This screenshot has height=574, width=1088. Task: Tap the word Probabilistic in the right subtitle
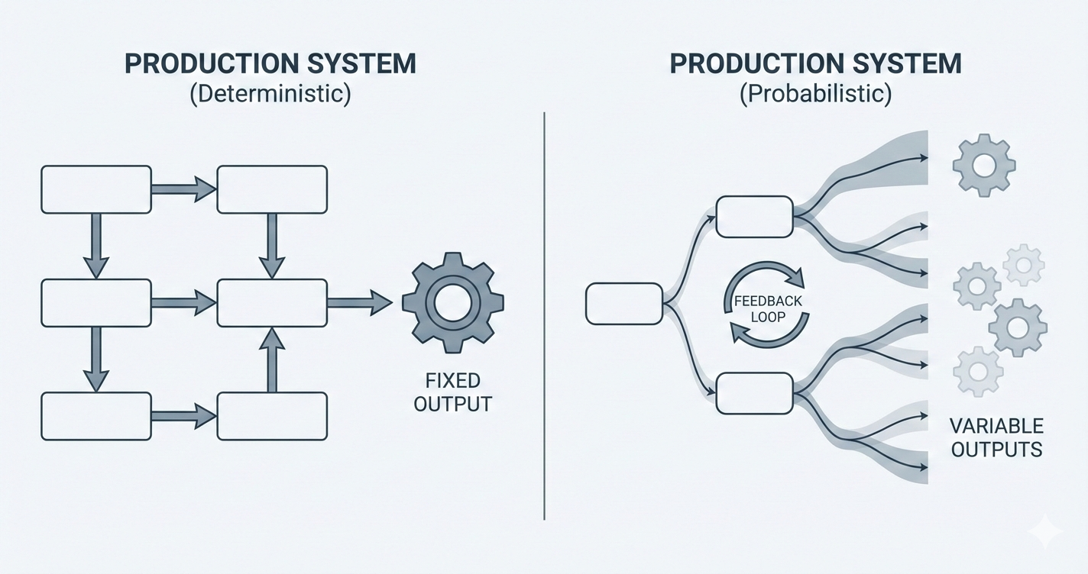point(815,96)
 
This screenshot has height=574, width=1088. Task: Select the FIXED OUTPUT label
point(453,392)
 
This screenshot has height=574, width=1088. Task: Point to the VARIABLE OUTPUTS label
point(996,437)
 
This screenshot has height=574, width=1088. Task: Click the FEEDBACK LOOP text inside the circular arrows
point(768,308)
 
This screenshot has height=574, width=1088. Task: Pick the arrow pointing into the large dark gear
point(359,302)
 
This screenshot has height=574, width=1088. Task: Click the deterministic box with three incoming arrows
point(272,302)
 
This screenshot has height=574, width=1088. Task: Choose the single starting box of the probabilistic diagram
point(623,303)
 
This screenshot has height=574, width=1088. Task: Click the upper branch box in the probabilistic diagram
point(754,217)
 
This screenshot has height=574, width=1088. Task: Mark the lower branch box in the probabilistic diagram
point(754,393)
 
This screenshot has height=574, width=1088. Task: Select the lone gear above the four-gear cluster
point(984,164)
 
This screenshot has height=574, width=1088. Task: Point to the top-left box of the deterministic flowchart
point(96,189)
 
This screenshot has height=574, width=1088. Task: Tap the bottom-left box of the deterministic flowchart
point(96,416)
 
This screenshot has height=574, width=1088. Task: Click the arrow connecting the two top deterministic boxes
point(183,189)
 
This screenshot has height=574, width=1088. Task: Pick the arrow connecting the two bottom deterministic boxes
point(183,416)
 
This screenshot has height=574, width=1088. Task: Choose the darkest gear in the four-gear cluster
point(1017,327)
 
